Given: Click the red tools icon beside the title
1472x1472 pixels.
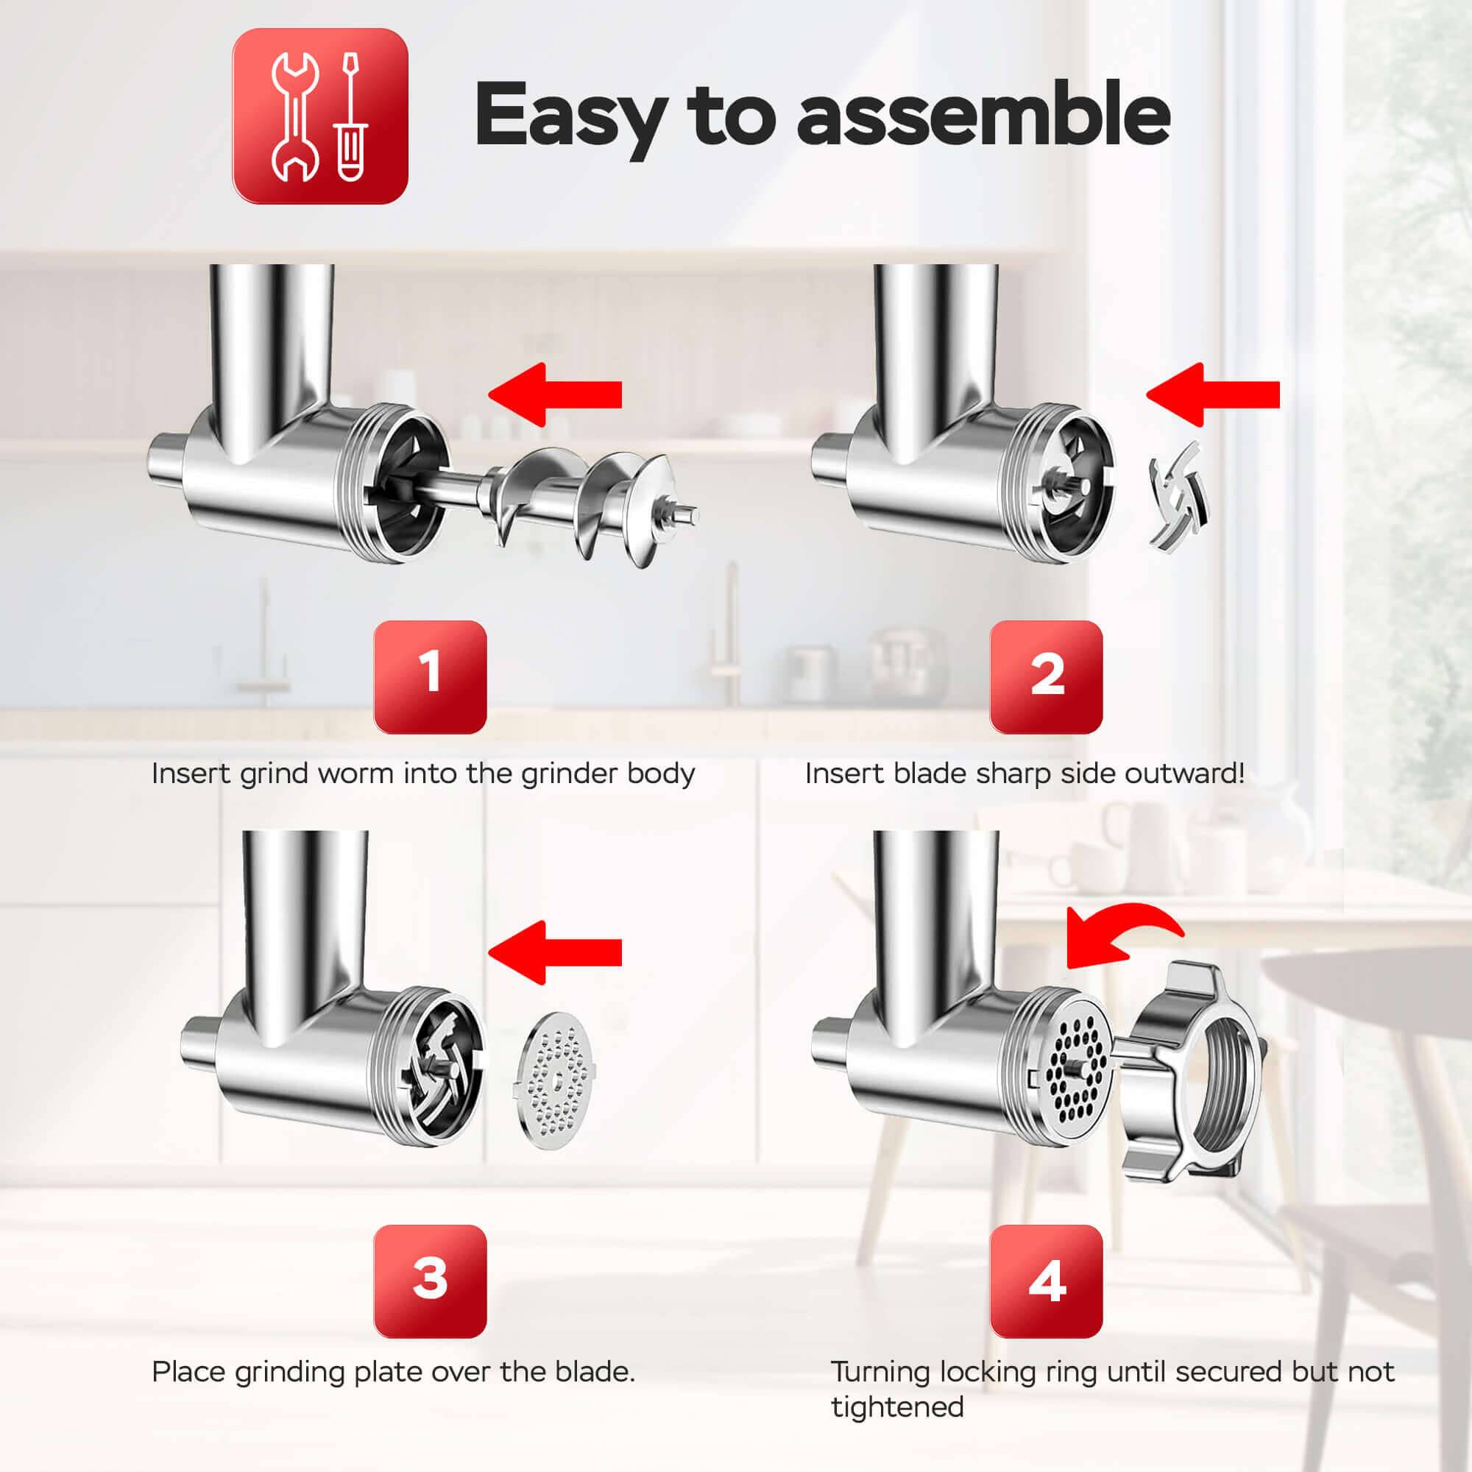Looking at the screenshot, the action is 320,116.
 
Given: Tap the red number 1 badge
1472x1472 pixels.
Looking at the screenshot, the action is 431,677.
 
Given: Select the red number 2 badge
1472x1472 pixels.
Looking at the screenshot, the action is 1046,677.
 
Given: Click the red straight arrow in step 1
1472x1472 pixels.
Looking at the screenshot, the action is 555,394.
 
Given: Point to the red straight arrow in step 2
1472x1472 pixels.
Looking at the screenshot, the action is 1213,394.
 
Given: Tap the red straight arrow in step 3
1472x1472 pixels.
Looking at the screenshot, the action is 555,952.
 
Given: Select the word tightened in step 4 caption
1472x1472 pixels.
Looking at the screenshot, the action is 897,1408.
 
